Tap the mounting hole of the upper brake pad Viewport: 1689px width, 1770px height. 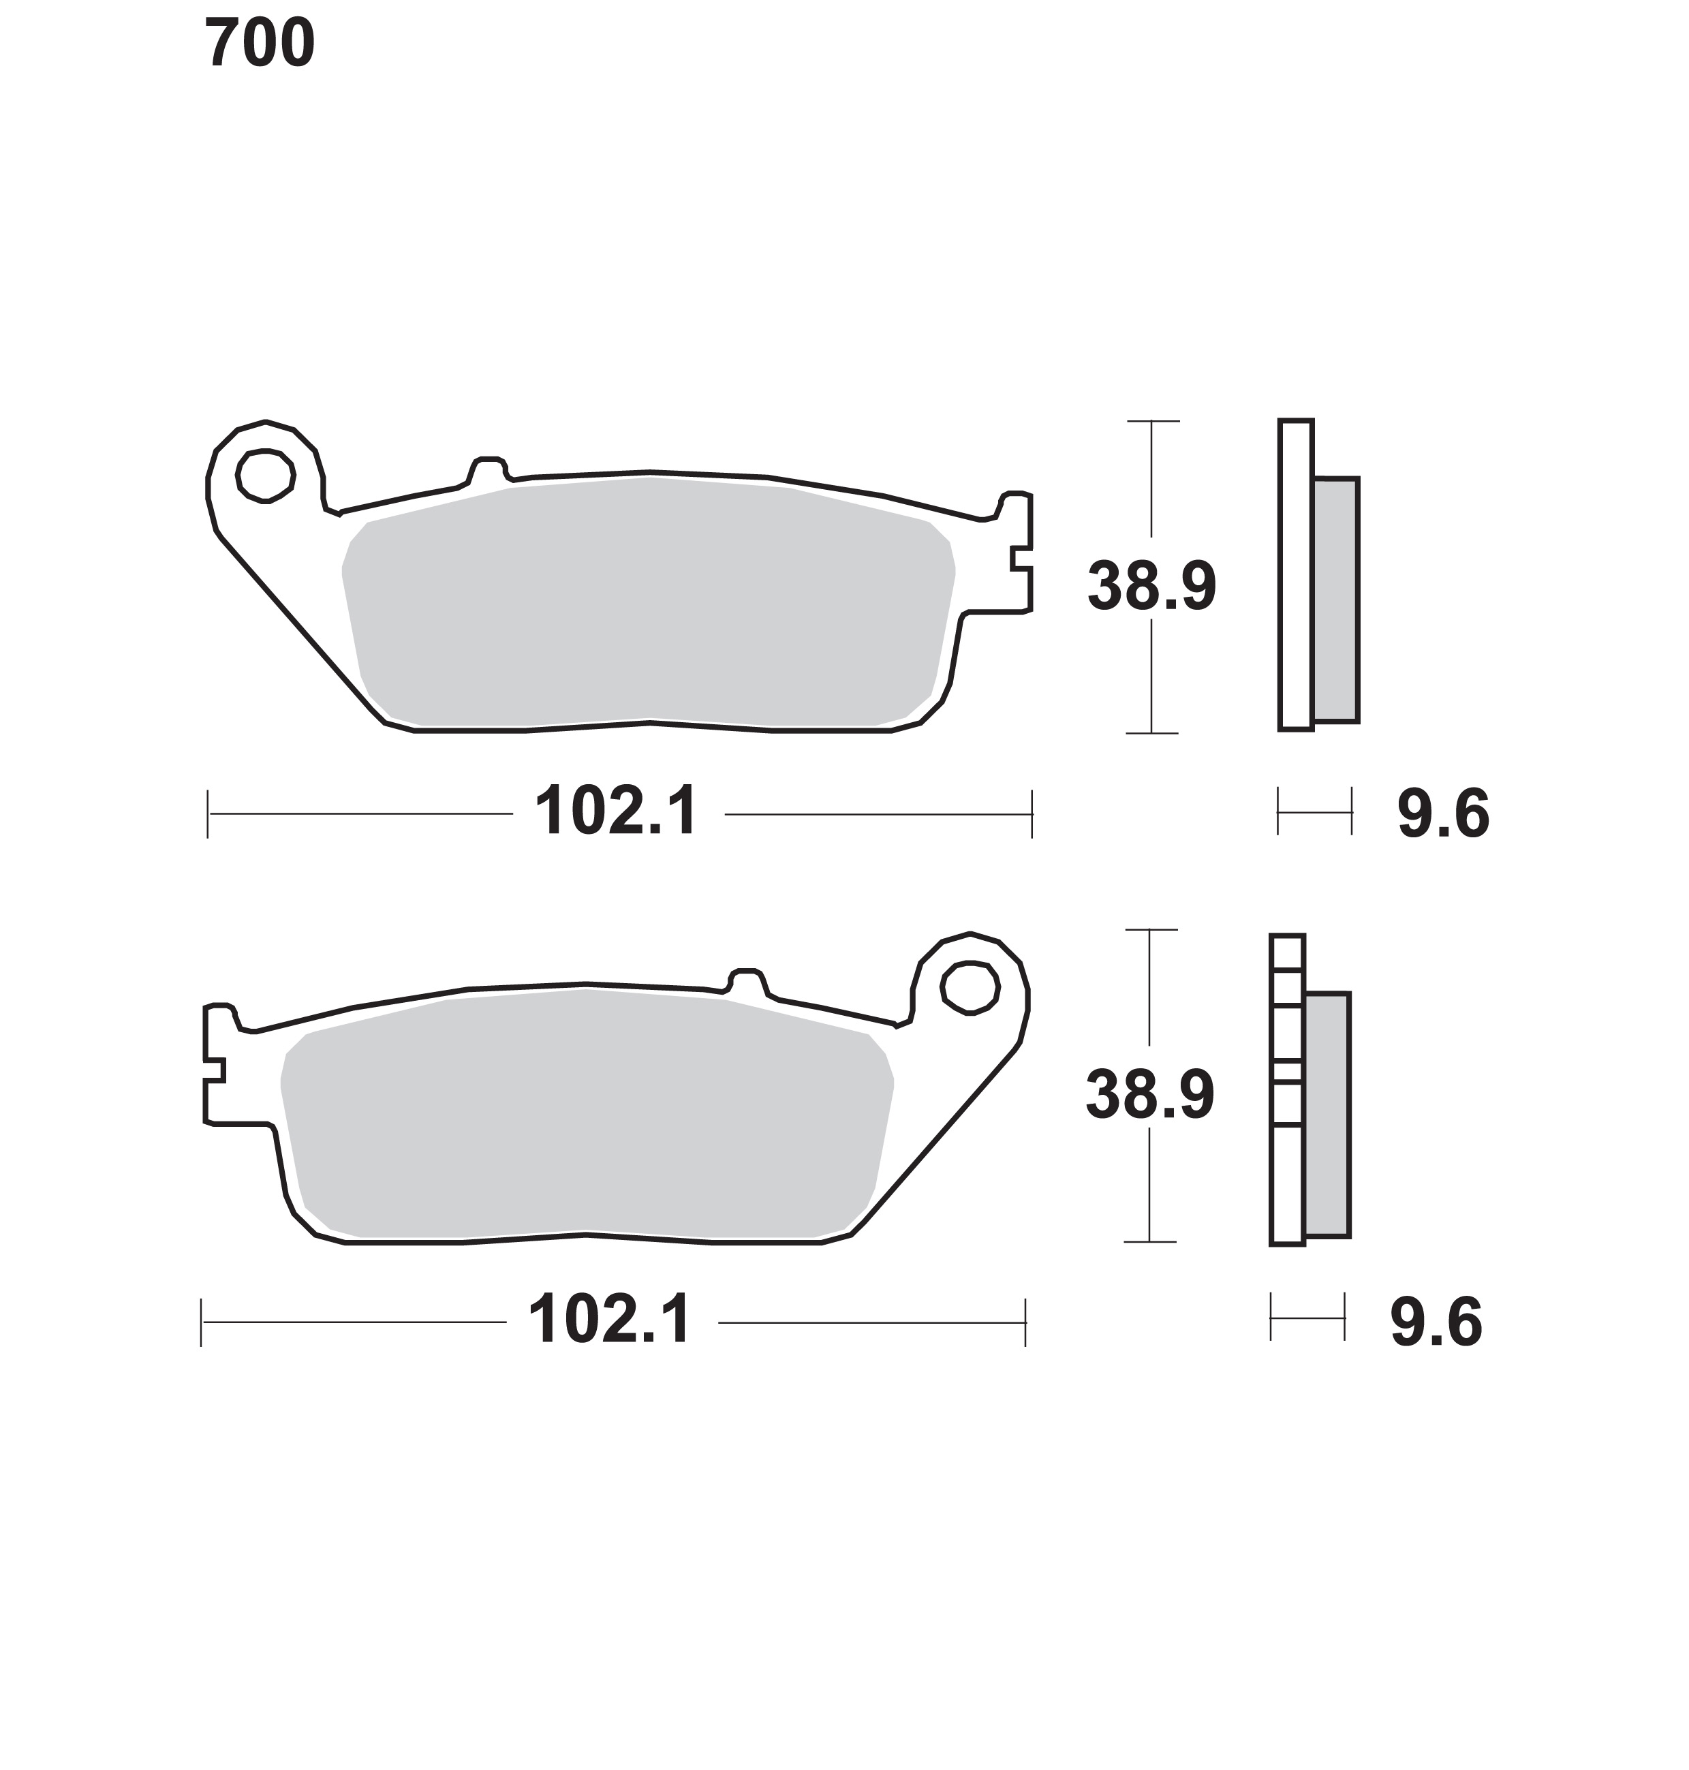click(266, 476)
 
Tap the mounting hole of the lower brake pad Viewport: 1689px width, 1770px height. click(970, 988)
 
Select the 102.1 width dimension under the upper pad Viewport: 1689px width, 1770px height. click(617, 812)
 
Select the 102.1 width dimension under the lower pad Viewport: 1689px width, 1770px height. click(610, 1320)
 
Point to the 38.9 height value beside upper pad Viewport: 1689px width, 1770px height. click(1151, 586)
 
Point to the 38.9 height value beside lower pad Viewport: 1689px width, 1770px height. click(1149, 1095)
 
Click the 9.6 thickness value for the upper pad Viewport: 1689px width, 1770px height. click(1443, 814)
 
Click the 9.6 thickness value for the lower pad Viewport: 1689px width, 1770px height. click(1436, 1322)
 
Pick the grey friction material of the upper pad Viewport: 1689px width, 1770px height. click(648, 602)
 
